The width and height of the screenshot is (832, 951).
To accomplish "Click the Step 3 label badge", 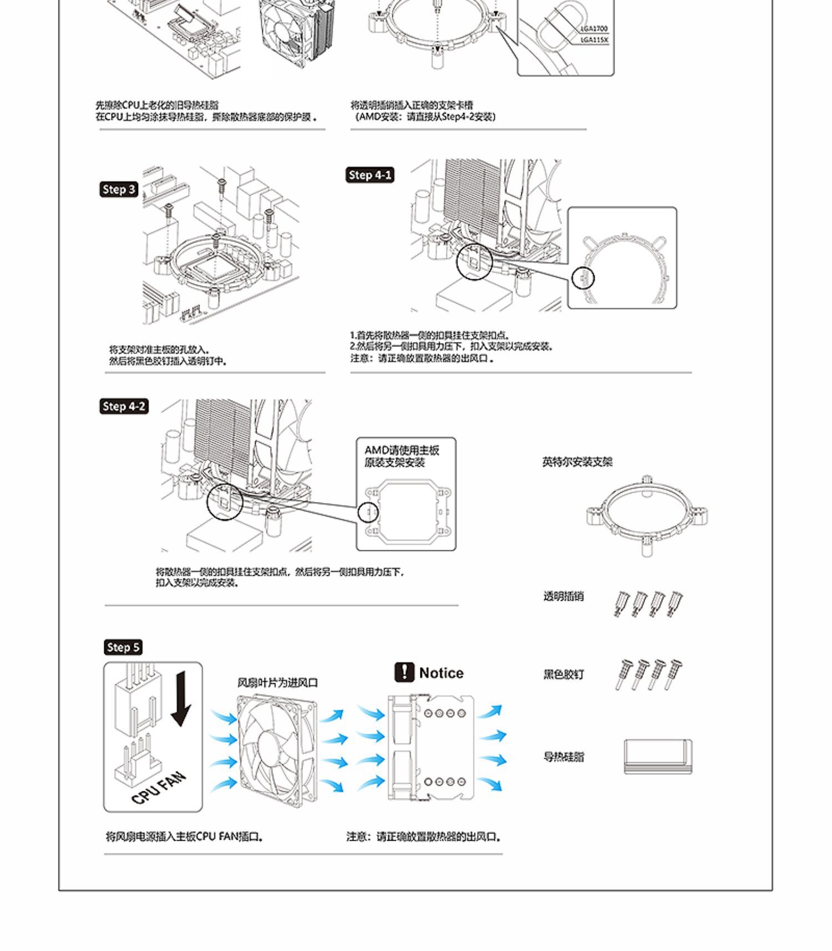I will tap(119, 190).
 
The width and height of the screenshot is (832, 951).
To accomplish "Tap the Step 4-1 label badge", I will tap(369, 175).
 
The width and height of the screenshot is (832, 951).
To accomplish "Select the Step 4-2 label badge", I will tap(124, 406).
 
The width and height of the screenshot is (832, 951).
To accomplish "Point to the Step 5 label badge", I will tap(123, 647).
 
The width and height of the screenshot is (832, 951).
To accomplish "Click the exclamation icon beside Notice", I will tap(404, 672).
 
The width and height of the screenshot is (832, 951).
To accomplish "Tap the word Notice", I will tap(441, 673).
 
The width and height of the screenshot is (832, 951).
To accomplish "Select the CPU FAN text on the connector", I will tap(159, 788).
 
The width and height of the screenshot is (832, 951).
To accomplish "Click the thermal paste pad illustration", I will tap(658, 756).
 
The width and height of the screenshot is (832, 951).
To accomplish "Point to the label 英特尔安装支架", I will tap(577, 462).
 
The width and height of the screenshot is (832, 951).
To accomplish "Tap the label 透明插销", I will tap(563, 596).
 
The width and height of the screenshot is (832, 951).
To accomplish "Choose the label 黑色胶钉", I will tap(563, 674).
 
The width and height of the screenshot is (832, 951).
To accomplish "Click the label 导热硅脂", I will tap(564, 756).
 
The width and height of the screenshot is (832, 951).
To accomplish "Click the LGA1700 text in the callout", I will tap(594, 28).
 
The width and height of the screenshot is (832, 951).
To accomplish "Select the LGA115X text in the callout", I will tap(594, 40).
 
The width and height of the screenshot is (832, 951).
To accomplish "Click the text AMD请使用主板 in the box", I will tap(402, 451).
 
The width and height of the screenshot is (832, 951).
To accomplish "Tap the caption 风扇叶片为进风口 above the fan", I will tap(277, 683).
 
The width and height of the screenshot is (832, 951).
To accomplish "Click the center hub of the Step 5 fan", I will tap(270, 748).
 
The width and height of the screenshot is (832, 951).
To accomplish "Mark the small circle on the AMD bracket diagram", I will tap(368, 512).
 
